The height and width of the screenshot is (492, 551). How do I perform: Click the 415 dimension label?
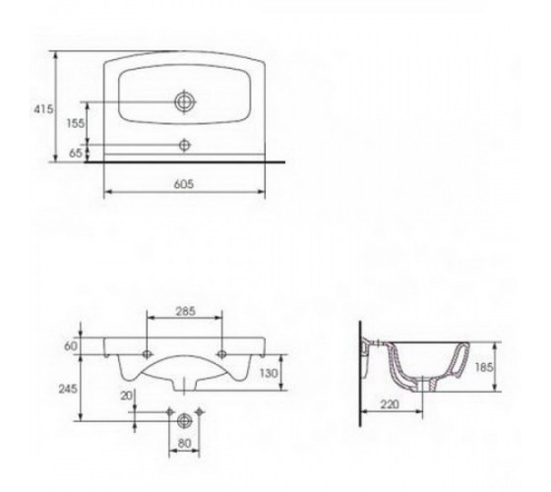pos(43,109)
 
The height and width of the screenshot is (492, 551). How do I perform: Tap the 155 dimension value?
pos(76,123)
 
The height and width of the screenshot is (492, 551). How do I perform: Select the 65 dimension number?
pos(76,154)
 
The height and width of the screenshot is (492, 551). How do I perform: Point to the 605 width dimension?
pos(184,184)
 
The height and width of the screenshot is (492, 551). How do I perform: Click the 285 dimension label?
pos(185,311)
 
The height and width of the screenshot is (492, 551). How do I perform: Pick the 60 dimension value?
pos(71,346)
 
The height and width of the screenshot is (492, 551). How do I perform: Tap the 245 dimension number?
pos(68,389)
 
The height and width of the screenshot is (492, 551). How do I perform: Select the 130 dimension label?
pos(270,373)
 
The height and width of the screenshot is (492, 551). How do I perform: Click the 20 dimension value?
pos(127,396)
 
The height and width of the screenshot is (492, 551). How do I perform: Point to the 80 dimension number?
pos(184,444)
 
